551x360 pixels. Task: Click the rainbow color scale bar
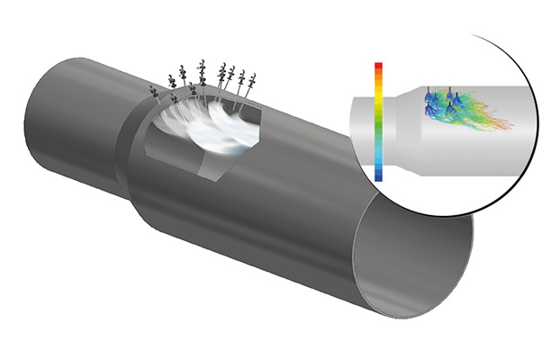pos(379,121)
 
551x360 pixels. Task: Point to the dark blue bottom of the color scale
pos(379,176)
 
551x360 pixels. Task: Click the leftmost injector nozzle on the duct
pos(152,93)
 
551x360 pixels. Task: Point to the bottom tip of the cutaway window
pos(216,177)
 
